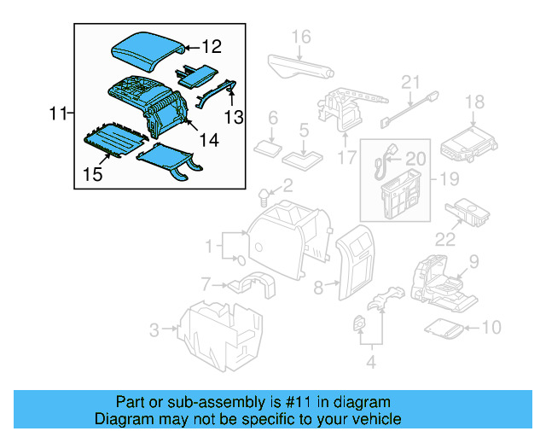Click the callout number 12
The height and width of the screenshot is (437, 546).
click(x=211, y=48)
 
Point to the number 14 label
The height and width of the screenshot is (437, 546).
click(x=208, y=139)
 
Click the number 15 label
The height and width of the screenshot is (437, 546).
click(x=93, y=175)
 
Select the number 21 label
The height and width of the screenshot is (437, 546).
click(x=412, y=83)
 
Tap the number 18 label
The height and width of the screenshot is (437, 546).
click(x=474, y=103)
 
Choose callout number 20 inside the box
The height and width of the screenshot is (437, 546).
click(x=415, y=158)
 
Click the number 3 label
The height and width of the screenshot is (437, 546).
click(x=154, y=329)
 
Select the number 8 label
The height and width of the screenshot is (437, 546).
click(x=319, y=288)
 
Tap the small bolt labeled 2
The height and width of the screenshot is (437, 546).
click(x=264, y=198)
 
